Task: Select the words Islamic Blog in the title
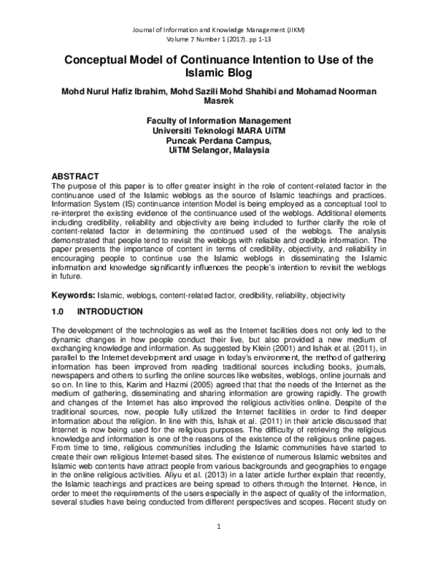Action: point(218,74)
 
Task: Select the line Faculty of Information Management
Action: point(218,120)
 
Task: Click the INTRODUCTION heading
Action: point(115,311)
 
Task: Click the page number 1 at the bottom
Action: point(219,546)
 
